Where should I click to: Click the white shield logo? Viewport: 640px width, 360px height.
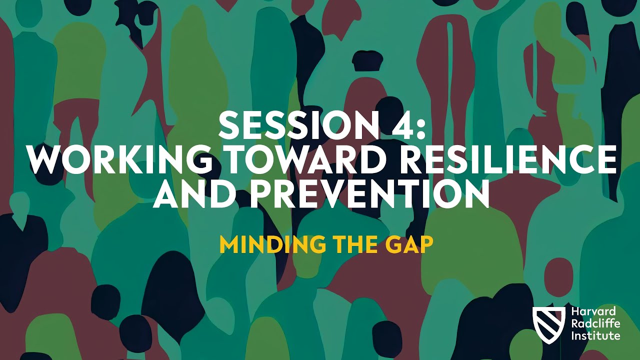pyautogui.click(x=548, y=324)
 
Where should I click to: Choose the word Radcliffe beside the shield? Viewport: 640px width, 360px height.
pyautogui.click(x=595, y=324)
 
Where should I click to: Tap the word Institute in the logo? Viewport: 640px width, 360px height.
pyautogui.click(x=595, y=335)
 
